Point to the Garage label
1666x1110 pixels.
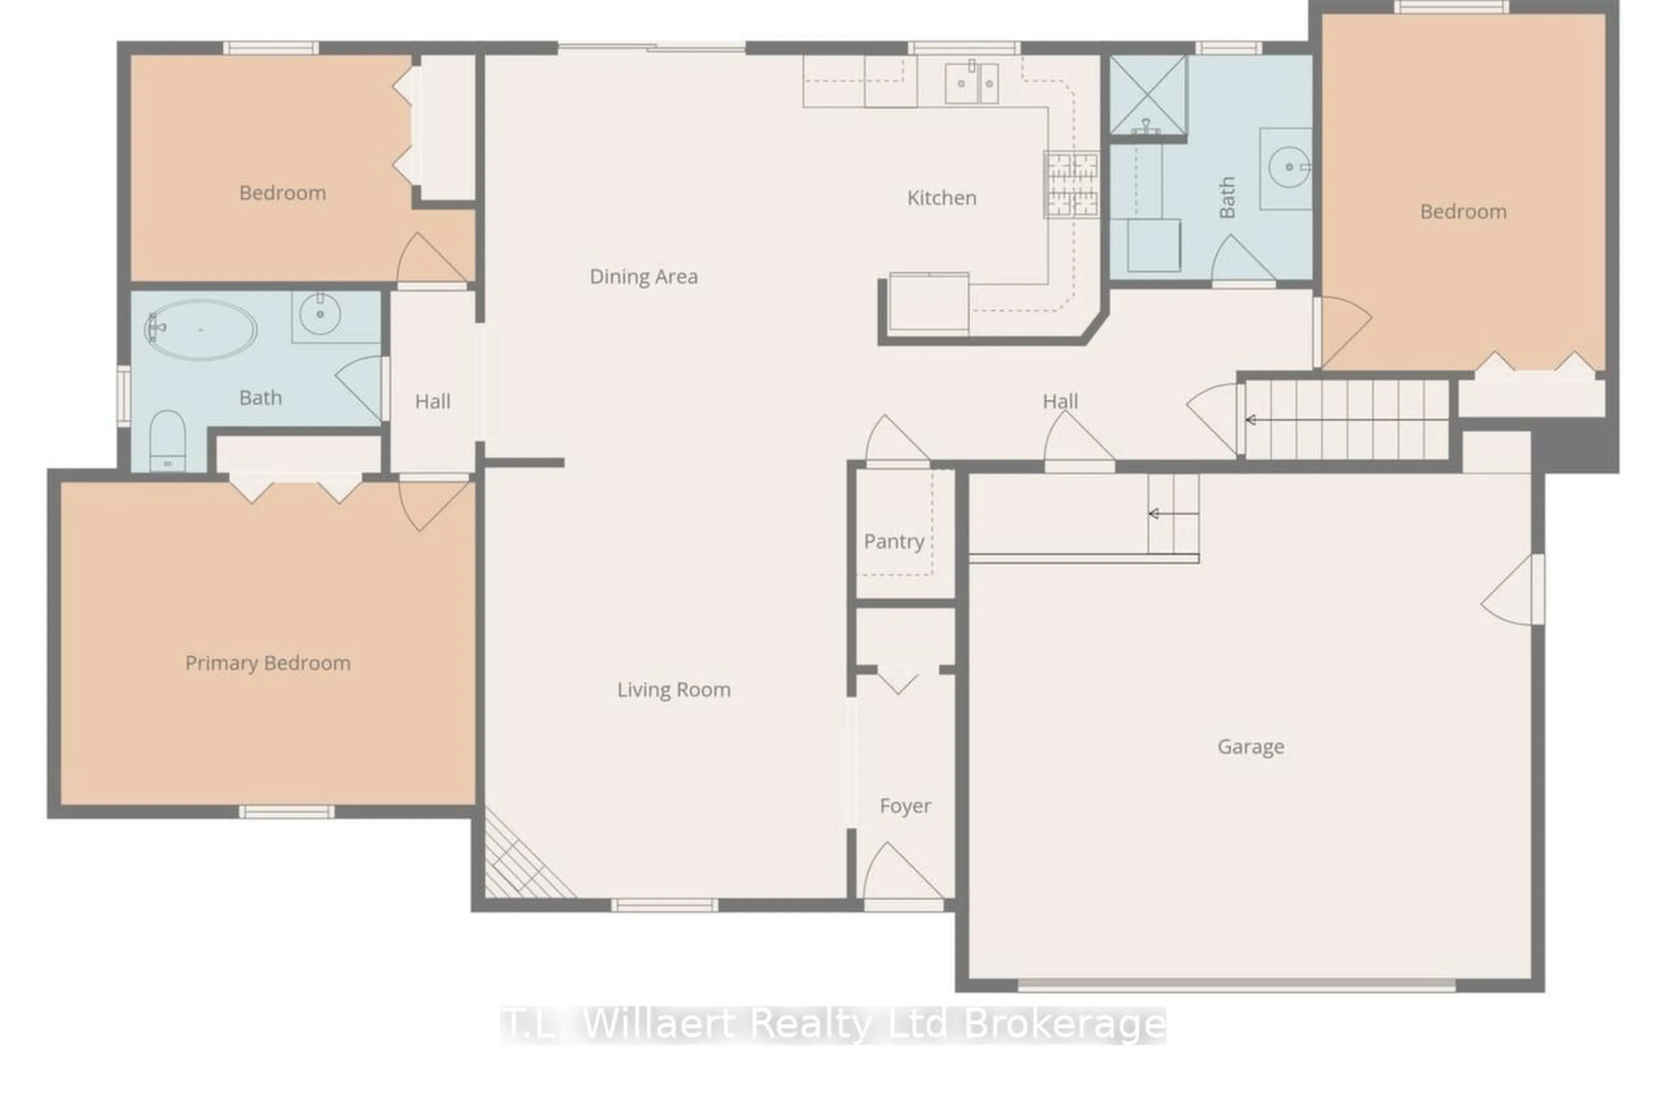[1250, 746]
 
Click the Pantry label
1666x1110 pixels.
[894, 541]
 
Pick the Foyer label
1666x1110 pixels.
[905, 805]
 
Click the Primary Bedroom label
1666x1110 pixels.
[268, 663]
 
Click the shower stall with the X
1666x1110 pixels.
[1147, 94]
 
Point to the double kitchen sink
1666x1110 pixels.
[971, 83]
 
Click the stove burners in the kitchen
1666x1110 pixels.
[1071, 183]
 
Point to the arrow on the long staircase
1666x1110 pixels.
[1252, 420]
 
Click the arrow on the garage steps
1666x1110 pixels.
[1154, 514]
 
